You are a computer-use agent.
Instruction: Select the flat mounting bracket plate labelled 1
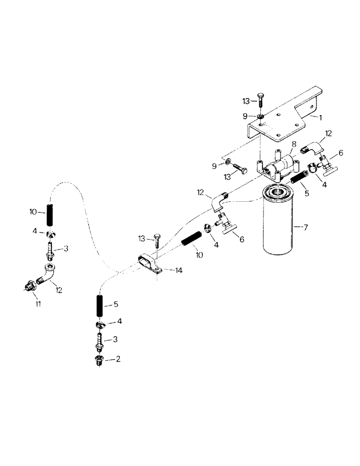pyautogui.click(x=280, y=121)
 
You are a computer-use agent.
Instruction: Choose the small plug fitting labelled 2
pyautogui.click(x=99, y=361)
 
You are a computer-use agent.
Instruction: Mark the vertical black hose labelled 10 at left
pyautogui.click(x=50, y=218)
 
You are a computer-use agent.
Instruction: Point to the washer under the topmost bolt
pyautogui.click(x=262, y=116)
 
